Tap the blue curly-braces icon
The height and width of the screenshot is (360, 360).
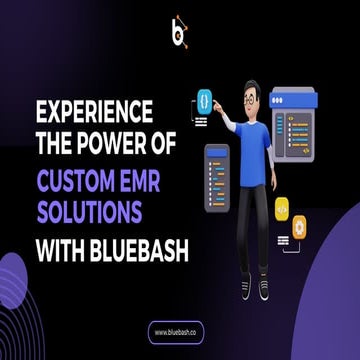coord(204,100)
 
